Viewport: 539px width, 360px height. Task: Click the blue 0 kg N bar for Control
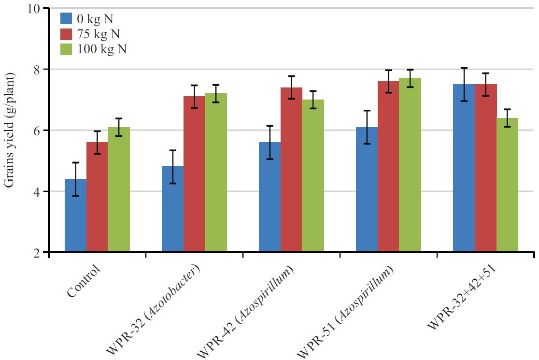coord(75,216)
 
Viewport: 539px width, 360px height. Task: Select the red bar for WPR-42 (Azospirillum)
coord(291,170)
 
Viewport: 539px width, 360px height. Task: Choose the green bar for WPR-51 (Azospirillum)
coord(410,165)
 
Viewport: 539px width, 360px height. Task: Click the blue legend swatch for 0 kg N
coord(66,18)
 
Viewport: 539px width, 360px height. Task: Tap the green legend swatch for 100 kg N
coord(66,49)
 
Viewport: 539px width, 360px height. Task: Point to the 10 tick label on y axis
coord(34,9)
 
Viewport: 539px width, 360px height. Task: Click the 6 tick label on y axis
coord(37,130)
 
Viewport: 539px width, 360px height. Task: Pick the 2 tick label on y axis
coord(37,252)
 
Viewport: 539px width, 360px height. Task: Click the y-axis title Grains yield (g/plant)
coord(10,130)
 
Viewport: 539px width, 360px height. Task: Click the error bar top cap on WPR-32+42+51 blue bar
coord(464,68)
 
